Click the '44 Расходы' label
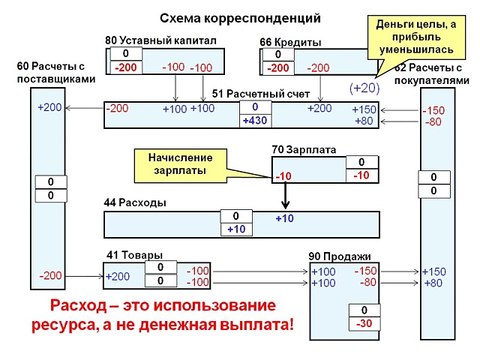(x=135, y=202)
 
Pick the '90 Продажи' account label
(x=338, y=254)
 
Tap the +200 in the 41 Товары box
(x=118, y=276)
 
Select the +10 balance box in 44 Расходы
(x=236, y=229)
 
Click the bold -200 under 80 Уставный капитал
(x=124, y=67)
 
